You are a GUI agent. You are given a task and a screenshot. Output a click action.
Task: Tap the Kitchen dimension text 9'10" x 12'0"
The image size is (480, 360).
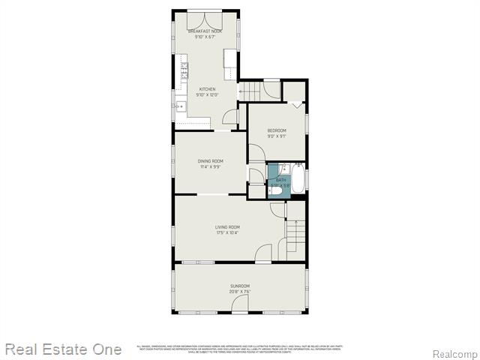point(206,95)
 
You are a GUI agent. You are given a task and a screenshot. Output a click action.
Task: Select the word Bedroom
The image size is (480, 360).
point(277,130)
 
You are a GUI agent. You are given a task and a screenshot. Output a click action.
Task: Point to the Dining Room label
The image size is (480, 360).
point(211,161)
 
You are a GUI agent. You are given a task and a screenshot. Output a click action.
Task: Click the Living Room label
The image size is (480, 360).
point(227,227)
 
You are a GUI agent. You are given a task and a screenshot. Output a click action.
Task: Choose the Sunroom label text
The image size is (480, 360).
point(240,286)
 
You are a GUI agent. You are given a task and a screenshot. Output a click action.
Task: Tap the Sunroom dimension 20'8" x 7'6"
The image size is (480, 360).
point(240,292)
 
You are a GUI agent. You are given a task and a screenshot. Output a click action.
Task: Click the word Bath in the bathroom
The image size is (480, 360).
point(281,180)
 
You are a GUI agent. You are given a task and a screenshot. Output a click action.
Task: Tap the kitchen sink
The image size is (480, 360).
point(181,106)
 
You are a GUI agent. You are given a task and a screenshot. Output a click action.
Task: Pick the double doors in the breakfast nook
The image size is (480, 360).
point(207,18)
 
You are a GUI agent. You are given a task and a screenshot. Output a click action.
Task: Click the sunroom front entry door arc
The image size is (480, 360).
point(240,304)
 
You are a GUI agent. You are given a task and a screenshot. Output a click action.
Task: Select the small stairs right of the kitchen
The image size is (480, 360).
point(250,90)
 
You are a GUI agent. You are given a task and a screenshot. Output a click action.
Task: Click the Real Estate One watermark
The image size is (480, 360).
point(63,349)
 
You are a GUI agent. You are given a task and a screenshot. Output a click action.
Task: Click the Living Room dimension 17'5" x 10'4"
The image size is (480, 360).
point(227,233)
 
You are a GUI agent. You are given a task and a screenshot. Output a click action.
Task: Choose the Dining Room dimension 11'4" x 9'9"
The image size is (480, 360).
point(211,167)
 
